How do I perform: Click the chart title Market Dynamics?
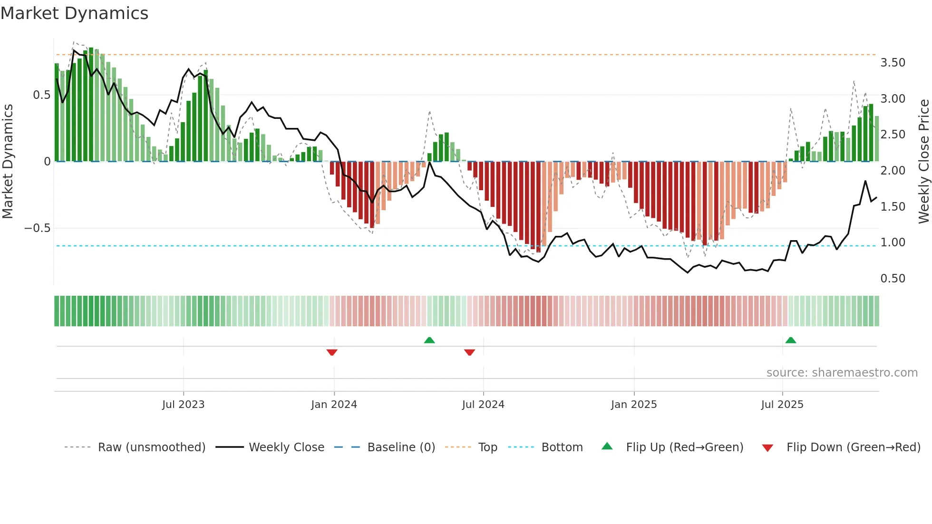point(75,13)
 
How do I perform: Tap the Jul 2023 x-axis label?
point(183,405)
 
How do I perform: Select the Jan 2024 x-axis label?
point(334,405)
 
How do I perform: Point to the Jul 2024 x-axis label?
point(483,405)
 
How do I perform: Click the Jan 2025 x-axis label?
point(634,405)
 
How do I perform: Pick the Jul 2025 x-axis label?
point(782,405)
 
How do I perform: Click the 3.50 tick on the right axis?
point(893,63)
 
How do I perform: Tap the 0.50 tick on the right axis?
point(893,279)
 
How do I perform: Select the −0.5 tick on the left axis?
point(38,228)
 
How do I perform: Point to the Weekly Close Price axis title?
point(924,161)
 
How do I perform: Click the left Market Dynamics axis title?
point(8,161)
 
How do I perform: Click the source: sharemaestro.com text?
point(842,373)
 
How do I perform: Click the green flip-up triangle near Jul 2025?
point(791,340)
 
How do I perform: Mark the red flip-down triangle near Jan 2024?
point(332,352)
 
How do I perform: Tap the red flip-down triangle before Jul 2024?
point(469,352)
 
